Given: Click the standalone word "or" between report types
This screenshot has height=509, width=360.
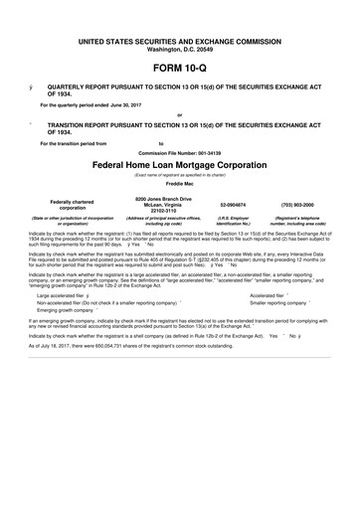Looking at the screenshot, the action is coord(180,115).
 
